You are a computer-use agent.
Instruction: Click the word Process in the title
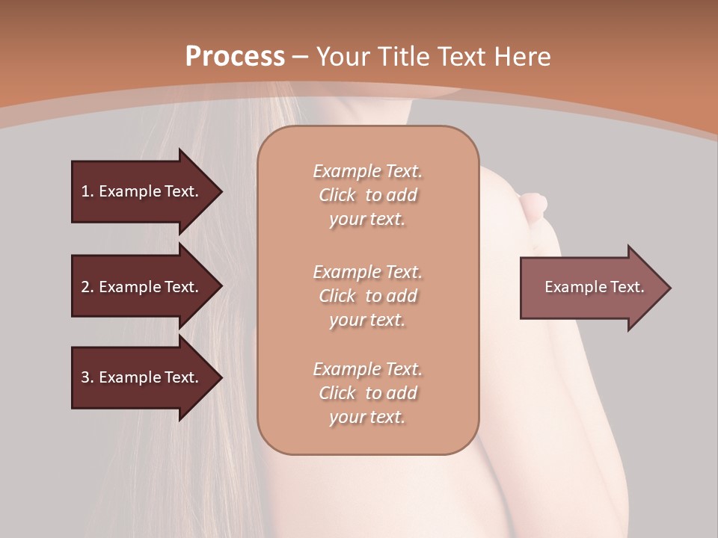pyautogui.click(x=235, y=57)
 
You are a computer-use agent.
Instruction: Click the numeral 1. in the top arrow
pyautogui.click(x=88, y=191)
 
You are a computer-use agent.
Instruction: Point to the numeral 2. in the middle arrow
pyautogui.click(x=88, y=287)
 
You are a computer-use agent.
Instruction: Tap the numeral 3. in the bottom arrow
pyautogui.click(x=88, y=377)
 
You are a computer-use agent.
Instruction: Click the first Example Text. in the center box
pyautogui.click(x=368, y=171)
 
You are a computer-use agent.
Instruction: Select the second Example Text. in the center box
pyautogui.click(x=368, y=271)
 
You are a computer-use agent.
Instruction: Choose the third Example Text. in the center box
pyautogui.click(x=368, y=369)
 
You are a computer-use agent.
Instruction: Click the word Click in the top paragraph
pyautogui.click(x=337, y=195)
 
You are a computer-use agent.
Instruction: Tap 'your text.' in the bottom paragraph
pyautogui.click(x=367, y=417)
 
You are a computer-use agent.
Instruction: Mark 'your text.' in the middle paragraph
pyautogui.click(x=367, y=320)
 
